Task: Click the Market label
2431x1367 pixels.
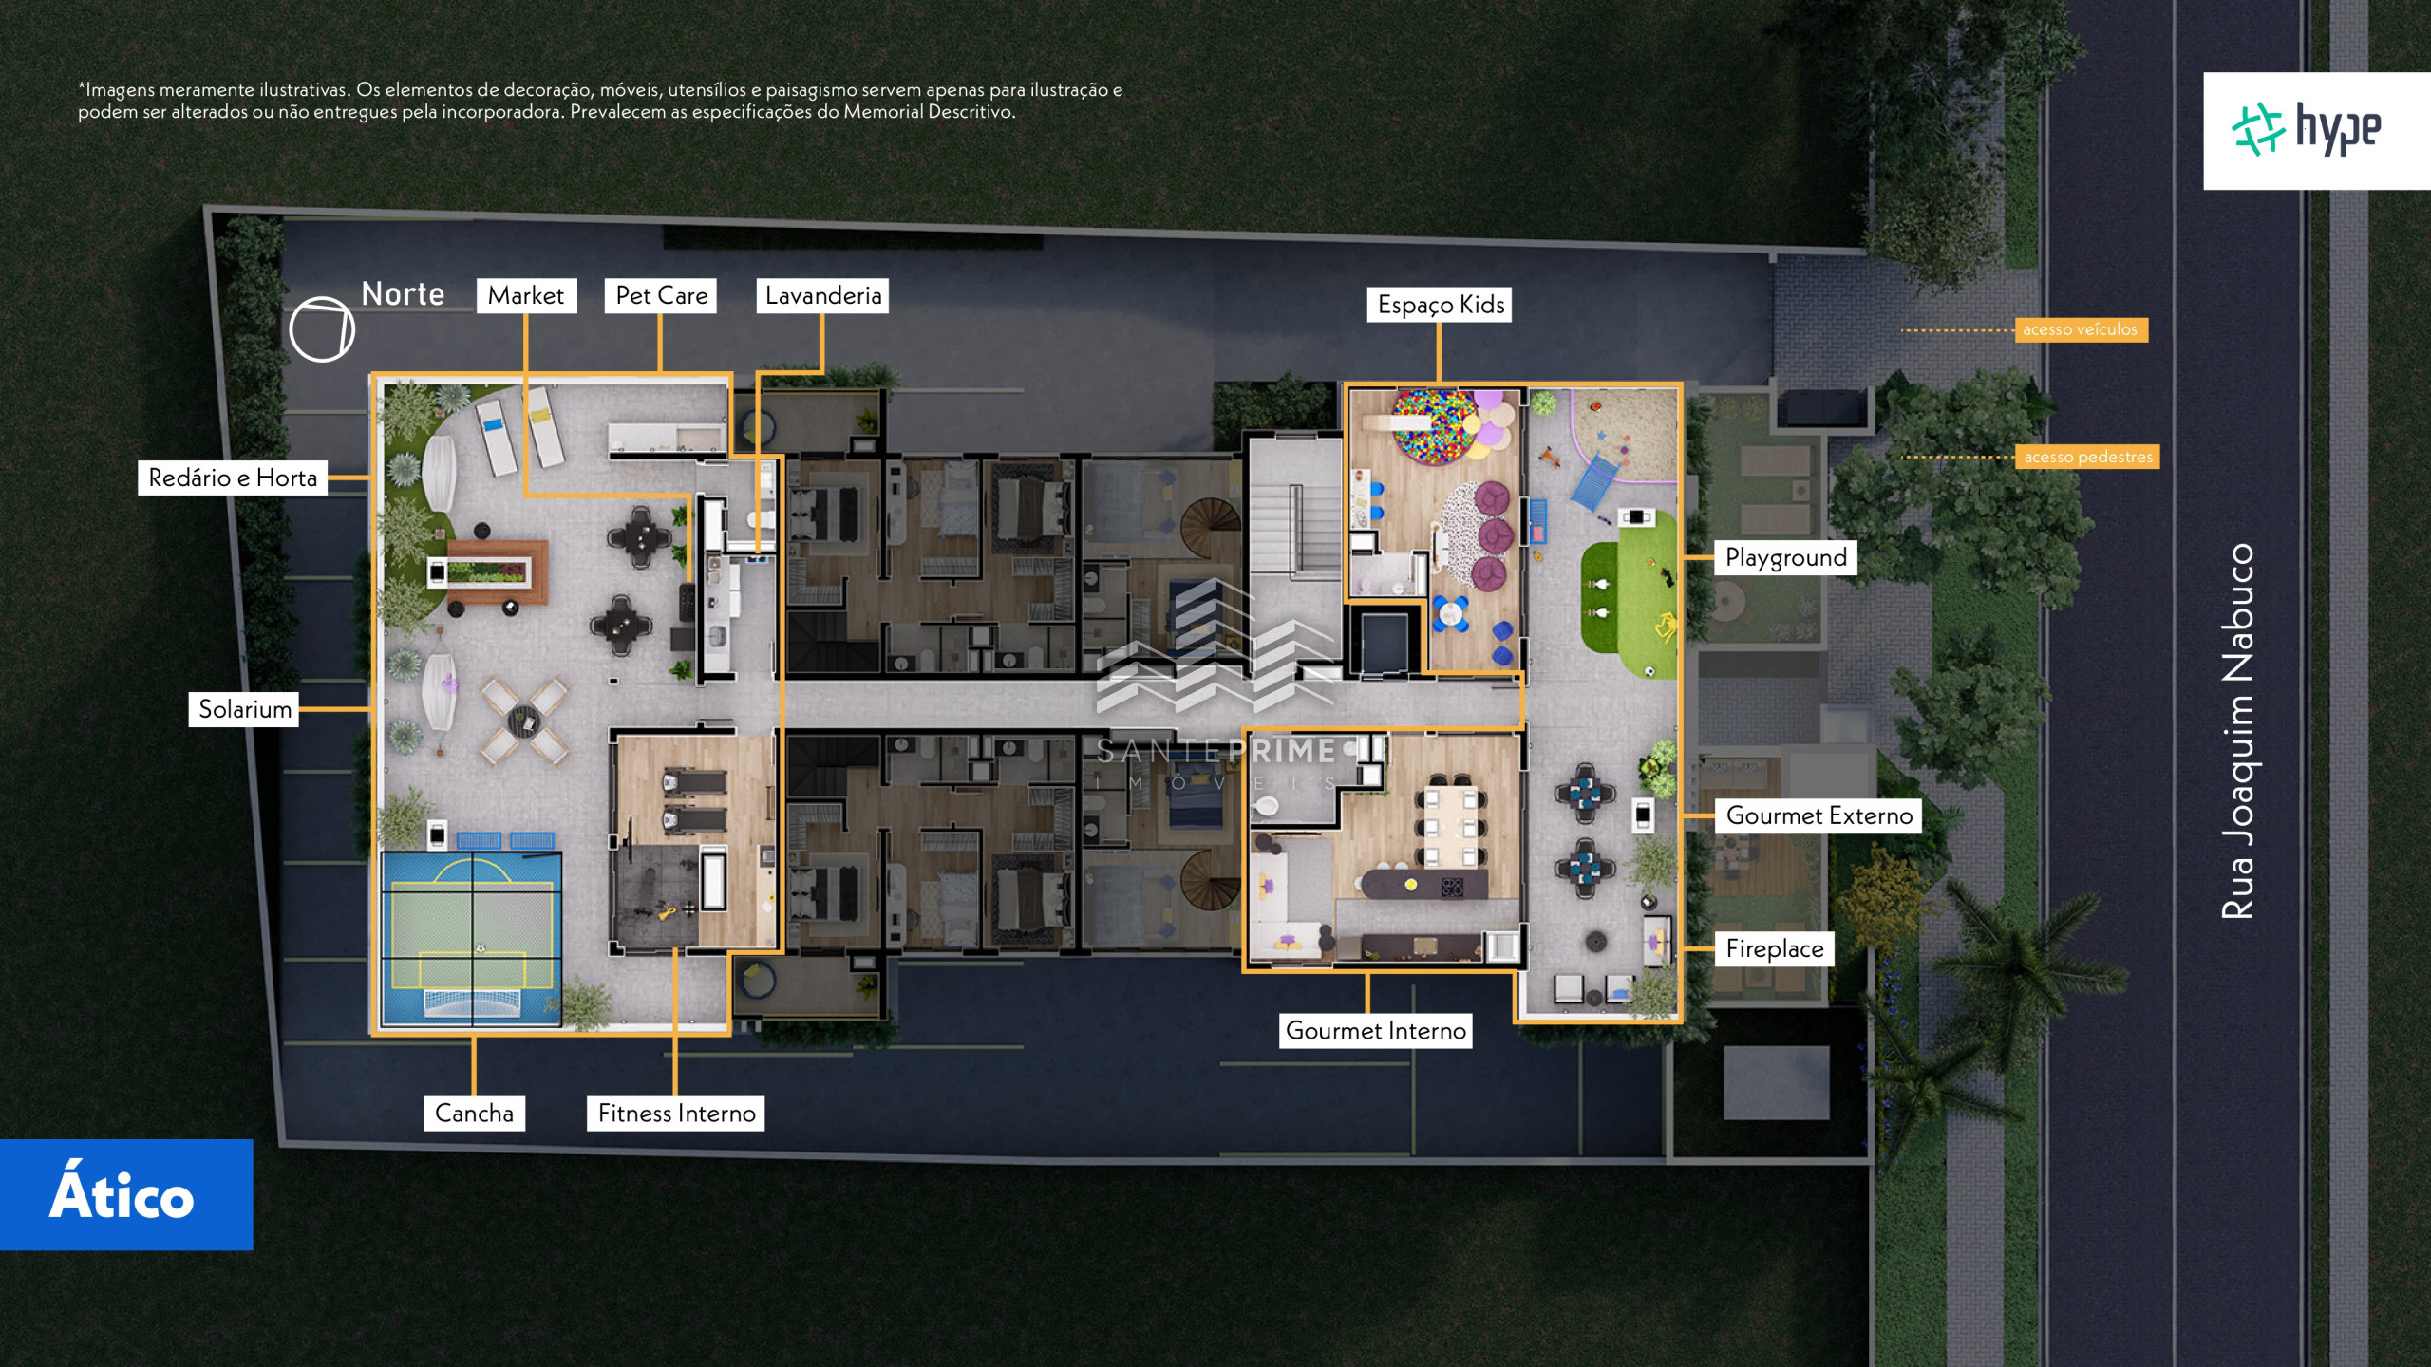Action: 526,295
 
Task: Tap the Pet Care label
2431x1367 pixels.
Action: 661,295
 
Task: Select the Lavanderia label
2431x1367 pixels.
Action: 822,295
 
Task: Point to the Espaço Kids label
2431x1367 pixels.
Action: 1440,305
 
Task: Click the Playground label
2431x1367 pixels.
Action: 1785,557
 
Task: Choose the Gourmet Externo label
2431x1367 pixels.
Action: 1819,815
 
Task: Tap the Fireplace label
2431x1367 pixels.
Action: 1774,948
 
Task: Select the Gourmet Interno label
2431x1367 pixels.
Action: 1375,1030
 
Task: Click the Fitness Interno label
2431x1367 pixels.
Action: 676,1113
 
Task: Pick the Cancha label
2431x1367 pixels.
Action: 474,1113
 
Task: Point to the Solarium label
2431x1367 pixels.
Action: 245,709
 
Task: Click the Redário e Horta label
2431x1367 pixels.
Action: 233,478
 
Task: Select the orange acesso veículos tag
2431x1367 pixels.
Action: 2080,329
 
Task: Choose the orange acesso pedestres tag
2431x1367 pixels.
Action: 2087,457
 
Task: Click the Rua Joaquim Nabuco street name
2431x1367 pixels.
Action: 2237,731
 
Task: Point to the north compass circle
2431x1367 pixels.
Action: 322,329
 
